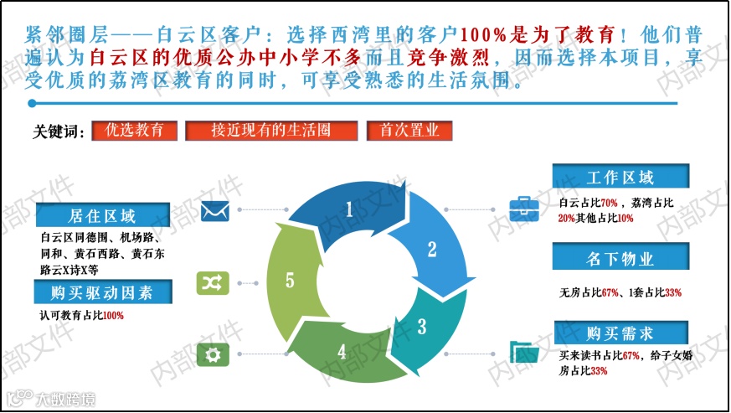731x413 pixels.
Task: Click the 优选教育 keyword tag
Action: point(141,131)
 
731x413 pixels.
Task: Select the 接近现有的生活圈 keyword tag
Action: point(270,131)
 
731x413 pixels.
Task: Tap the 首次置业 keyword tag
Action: point(409,131)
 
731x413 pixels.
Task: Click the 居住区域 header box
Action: point(102,215)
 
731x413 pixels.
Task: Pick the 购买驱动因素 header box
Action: point(102,292)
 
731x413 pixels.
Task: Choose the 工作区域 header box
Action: point(620,177)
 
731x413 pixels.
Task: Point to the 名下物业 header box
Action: point(620,257)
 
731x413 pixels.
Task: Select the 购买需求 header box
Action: point(620,333)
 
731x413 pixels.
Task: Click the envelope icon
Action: point(214,210)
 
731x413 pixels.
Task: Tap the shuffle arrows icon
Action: point(213,283)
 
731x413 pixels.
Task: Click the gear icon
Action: point(213,355)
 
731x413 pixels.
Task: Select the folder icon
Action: point(525,354)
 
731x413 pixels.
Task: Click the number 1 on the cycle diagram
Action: point(349,209)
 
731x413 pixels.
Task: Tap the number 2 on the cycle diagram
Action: point(432,249)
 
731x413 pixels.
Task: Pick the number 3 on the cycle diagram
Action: point(421,324)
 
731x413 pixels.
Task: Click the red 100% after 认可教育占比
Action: point(113,316)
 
